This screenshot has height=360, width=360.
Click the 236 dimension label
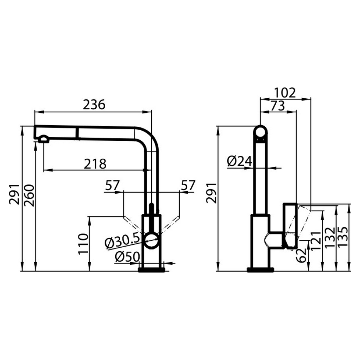point(94,104)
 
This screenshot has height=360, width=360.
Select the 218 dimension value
point(95,164)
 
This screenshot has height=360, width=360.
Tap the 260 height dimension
point(30,195)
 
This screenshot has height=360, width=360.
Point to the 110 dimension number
point(83,244)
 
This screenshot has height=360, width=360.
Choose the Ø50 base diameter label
point(127,257)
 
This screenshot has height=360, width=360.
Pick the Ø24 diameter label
point(239,161)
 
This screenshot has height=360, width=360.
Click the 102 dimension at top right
point(285,93)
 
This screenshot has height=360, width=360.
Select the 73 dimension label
point(277,106)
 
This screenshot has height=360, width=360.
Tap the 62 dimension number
point(301,255)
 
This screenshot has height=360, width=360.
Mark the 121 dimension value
point(316,240)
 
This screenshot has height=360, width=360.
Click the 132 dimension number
point(330,237)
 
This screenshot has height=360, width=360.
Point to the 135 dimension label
point(343,237)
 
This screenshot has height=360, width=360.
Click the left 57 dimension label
point(112,185)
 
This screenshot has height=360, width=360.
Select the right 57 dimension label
point(188,185)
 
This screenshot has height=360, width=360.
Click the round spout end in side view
point(260,133)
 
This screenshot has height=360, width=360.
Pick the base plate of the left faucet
point(152,270)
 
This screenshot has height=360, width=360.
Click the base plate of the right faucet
point(260,270)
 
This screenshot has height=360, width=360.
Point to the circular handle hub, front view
point(151,240)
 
